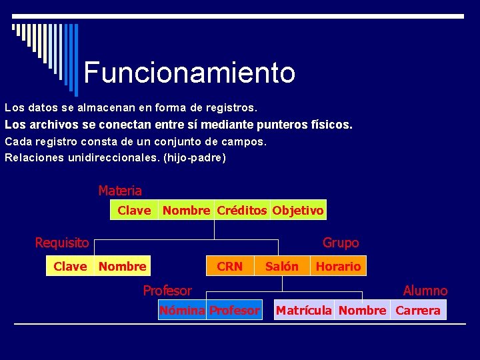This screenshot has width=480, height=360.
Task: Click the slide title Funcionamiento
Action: coord(189,72)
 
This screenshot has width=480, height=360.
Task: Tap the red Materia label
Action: coord(120,191)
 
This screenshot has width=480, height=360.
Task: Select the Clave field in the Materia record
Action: coord(134,211)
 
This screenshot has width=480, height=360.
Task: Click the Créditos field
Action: coord(242,211)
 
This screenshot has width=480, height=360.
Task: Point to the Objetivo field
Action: coord(298,211)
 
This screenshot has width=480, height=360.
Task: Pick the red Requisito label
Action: coord(62,243)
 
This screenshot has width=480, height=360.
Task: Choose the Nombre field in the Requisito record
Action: coord(122,267)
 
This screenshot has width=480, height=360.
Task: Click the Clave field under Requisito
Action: coord(70,267)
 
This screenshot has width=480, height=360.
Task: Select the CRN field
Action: coord(230,267)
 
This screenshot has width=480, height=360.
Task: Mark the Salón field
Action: coord(282,267)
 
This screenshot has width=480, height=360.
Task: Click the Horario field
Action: coord(338,267)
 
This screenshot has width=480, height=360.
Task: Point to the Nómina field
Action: coord(182,311)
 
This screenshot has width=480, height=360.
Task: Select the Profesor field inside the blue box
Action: coord(234,311)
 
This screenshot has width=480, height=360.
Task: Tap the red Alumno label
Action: coord(425,291)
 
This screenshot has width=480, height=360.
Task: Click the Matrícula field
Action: coord(303,311)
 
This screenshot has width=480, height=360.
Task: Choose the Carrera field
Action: coord(418,311)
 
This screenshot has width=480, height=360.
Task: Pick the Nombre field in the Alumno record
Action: coord(362,311)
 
